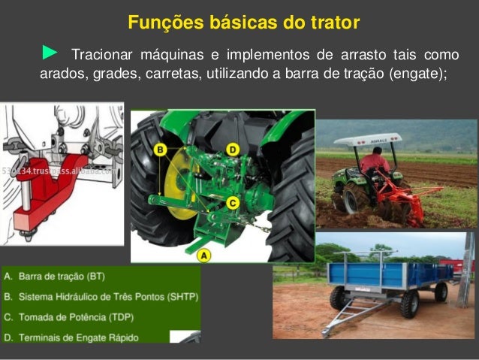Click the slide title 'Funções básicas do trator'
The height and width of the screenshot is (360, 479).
click(243, 23)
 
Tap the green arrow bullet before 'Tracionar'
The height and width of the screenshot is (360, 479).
click(50, 53)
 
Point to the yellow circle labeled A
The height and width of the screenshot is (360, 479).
click(203, 255)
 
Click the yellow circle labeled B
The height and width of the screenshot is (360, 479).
click(160, 150)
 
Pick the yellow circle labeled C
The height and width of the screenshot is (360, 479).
click(232, 202)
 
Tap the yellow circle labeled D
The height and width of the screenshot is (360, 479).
click(232, 150)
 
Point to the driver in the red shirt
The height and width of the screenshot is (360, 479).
click(374, 161)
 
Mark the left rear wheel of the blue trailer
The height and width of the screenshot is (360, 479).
click(340, 298)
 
